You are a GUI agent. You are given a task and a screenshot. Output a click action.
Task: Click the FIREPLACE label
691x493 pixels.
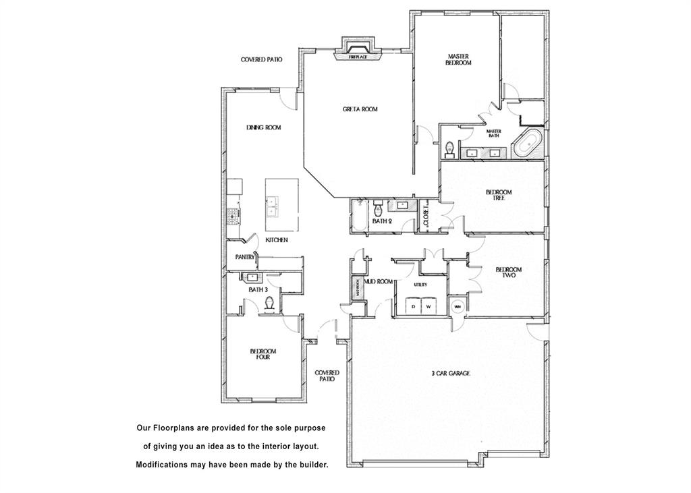[358, 57]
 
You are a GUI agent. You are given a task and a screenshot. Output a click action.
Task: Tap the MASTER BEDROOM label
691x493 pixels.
[458, 59]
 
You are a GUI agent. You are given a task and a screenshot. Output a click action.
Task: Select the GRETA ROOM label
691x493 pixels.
[360, 109]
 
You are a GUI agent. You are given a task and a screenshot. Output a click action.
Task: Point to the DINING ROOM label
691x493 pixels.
[263, 127]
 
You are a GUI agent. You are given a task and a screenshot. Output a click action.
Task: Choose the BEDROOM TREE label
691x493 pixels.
[499, 195]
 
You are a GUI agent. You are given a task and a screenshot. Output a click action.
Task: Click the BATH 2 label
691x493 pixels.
[383, 221]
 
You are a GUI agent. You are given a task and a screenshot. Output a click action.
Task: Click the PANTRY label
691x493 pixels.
[244, 257]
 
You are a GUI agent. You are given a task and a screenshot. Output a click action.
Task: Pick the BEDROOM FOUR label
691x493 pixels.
[262, 354]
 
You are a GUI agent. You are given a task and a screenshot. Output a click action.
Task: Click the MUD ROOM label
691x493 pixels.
[379, 281]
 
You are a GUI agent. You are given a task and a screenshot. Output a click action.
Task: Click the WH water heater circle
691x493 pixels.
[457, 307]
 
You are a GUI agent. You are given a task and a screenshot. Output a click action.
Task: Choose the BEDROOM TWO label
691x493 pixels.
[508, 272]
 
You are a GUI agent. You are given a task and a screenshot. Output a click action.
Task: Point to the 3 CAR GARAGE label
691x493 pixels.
[450, 373]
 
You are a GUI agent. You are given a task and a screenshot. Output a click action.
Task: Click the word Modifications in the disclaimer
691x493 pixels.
[165, 465]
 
